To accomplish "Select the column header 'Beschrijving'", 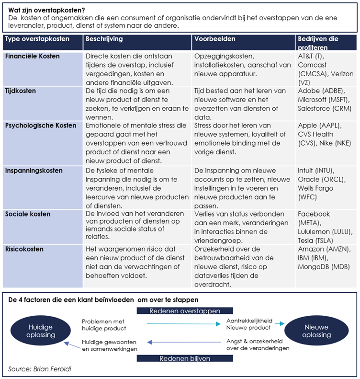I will click(104, 39).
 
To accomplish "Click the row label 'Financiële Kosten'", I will click(33, 57).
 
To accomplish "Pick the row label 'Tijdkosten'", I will click(21, 91).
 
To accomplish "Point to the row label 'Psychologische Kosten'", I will click(40, 126).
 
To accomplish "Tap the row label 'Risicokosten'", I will click(24, 249).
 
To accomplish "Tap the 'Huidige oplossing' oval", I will click(41, 331).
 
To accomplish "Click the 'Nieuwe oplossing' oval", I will click(316, 331).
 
